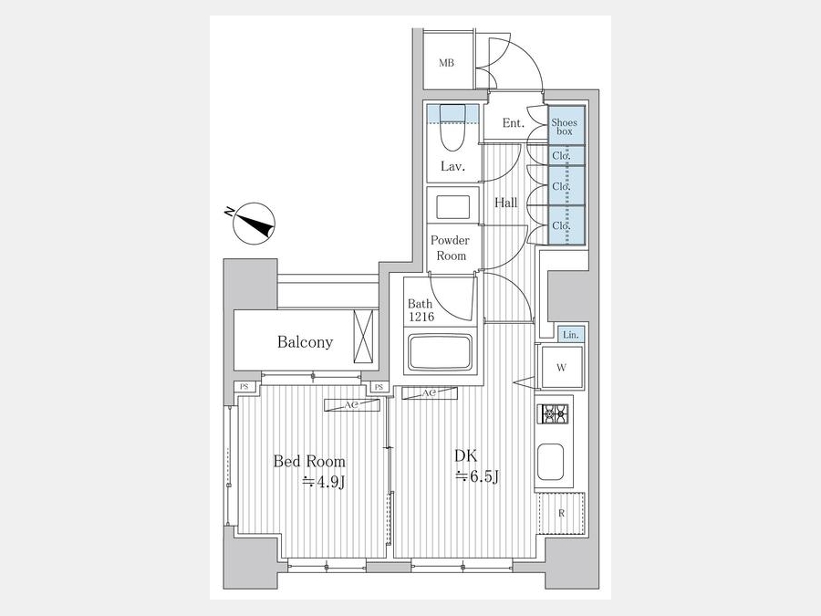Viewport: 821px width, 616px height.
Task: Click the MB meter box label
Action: click(446, 63)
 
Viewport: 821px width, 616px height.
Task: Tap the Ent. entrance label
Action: click(513, 123)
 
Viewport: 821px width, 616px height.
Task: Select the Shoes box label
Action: click(565, 127)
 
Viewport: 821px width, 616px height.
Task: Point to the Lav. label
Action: click(452, 167)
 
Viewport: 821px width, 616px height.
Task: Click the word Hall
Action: click(505, 203)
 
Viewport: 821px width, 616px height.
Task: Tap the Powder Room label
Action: click(451, 247)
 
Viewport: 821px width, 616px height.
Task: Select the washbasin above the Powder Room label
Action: click(452, 208)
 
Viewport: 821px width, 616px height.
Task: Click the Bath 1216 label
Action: click(421, 310)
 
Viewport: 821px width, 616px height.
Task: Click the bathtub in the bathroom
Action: click(440, 353)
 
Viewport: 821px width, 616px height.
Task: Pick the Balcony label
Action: click(305, 342)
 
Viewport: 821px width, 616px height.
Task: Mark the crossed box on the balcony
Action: click(363, 336)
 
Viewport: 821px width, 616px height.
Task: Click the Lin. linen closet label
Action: click(571, 335)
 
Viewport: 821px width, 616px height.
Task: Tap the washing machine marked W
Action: click(561, 367)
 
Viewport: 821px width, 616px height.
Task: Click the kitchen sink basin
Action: click(550, 462)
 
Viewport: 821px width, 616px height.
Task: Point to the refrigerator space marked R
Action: click(562, 513)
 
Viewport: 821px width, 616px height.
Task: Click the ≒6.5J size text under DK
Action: click(476, 476)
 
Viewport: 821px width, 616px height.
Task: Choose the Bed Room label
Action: click(309, 462)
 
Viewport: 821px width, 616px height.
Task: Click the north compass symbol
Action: click(255, 223)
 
